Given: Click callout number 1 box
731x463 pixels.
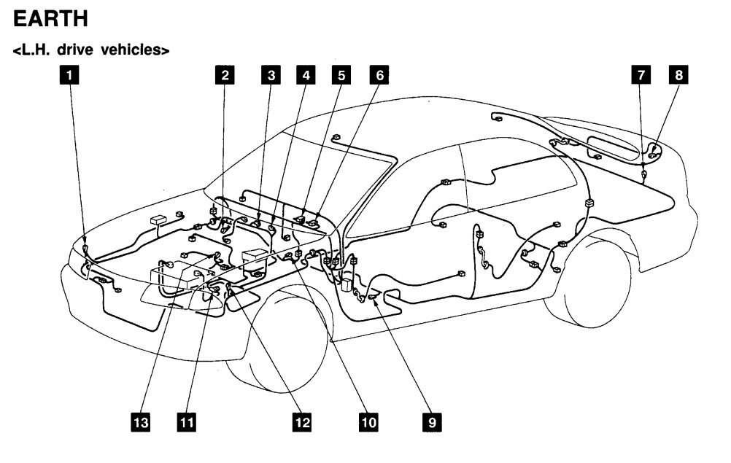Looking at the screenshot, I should [69, 74].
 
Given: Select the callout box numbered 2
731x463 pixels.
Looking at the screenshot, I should [225, 74].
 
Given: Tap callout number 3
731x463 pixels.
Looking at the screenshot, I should [271, 74].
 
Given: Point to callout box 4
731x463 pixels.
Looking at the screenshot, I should [305, 74].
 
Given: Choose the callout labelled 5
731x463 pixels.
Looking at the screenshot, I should [340, 74].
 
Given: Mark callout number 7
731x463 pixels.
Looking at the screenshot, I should [641, 74].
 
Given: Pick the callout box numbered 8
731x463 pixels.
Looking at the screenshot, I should [678, 74].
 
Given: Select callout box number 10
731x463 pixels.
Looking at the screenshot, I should [368, 421].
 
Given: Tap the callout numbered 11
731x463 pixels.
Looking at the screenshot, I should [187, 421].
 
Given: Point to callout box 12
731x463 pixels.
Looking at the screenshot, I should [301, 421].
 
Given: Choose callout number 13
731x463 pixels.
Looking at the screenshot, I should [141, 421].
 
